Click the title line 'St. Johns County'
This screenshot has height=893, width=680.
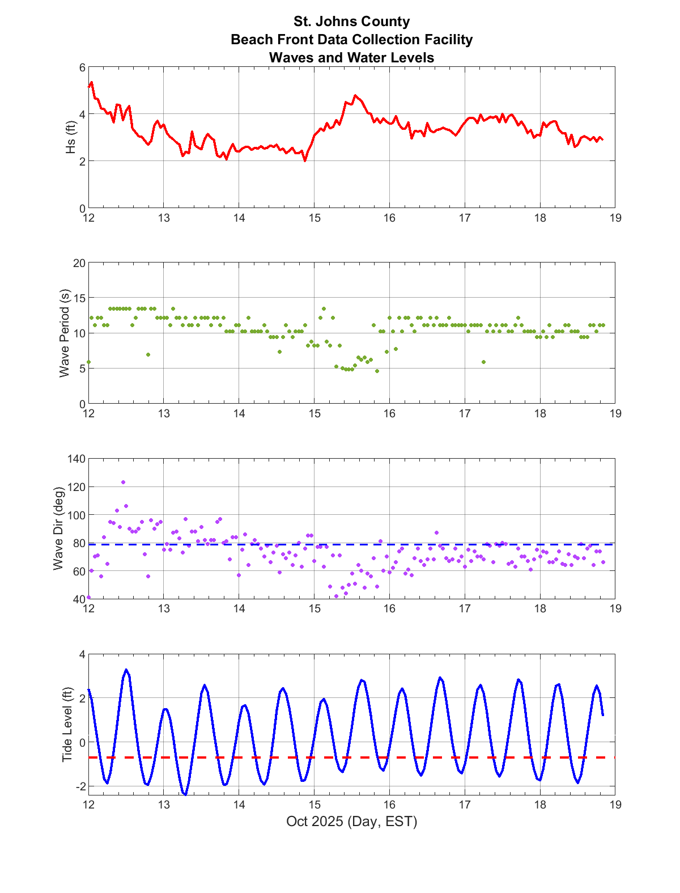click(x=351, y=22)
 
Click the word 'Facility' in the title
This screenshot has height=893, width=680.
click(x=445, y=40)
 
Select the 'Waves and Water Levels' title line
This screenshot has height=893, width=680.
click(x=351, y=58)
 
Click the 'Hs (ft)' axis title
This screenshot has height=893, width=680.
click(x=70, y=138)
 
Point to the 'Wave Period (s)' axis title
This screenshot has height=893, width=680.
click(x=65, y=333)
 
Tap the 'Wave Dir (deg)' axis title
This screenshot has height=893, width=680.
click(x=58, y=528)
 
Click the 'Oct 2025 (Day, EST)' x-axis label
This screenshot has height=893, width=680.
click(x=351, y=821)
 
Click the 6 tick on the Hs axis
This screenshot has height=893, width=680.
click(x=82, y=67)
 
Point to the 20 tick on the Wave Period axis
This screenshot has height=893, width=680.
click(x=79, y=263)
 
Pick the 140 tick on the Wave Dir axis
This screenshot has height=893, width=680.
click(x=76, y=459)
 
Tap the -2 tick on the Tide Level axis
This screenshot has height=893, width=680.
click(x=80, y=786)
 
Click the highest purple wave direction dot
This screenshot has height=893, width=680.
click(x=123, y=483)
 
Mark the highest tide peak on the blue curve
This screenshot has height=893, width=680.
click(x=126, y=670)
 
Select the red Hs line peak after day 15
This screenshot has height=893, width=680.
click(x=355, y=95)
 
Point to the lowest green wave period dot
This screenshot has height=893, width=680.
click(x=377, y=371)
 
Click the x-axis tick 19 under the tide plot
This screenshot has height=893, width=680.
click(x=615, y=804)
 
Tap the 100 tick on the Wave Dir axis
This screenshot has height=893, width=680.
click(x=76, y=515)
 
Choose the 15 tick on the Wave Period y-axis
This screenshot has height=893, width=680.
click(x=79, y=298)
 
